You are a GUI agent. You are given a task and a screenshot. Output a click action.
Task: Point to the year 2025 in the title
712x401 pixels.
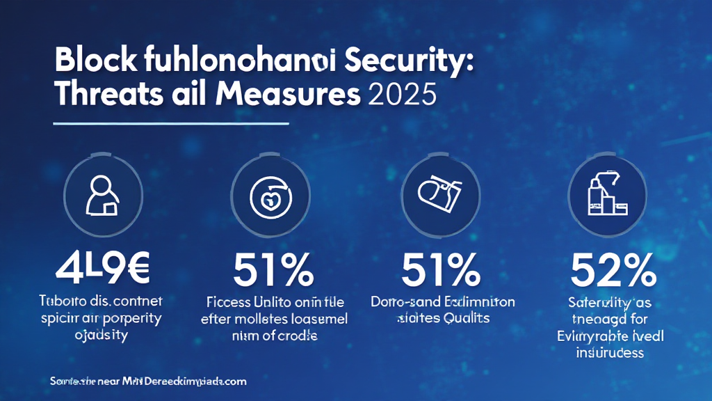(x=398, y=95)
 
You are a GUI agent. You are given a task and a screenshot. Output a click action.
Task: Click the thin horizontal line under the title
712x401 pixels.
(x=171, y=124)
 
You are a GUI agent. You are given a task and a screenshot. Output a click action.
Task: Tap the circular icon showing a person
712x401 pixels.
(x=102, y=192)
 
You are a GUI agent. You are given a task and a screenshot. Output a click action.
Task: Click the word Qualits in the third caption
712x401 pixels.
(x=465, y=318)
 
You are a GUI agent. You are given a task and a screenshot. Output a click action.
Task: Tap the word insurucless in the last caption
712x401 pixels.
(x=610, y=352)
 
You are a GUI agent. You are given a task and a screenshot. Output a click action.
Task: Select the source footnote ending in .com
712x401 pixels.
(x=149, y=382)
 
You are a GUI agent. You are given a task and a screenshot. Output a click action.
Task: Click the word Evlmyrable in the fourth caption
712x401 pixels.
(x=593, y=336)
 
